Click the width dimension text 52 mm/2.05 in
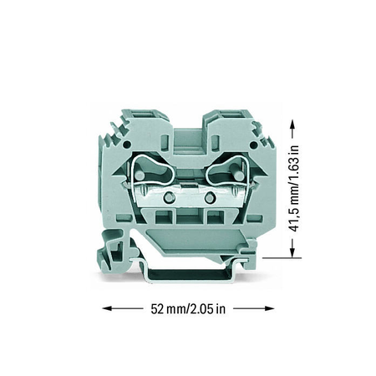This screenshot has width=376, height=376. click(x=188, y=308)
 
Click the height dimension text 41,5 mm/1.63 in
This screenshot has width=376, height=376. click(x=293, y=189)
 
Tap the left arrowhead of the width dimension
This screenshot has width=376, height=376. click(x=107, y=308)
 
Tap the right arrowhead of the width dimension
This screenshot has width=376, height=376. click(x=270, y=308)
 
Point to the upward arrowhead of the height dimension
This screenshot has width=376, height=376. click(x=292, y=124)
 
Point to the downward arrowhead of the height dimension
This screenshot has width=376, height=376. click(x=292, y=252)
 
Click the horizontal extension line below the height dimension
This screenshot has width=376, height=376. click(x=282, y=258)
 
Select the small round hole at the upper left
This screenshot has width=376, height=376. click(x=127, y=145)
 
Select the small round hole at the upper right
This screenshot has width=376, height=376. click(x=254, y=145)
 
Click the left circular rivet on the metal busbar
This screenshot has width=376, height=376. click(x=169, y=197)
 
